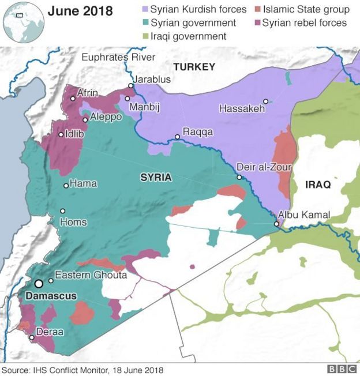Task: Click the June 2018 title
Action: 80,11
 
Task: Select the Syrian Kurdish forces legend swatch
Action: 145,10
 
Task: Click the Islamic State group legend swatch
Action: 257,10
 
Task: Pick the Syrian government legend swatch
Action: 145,23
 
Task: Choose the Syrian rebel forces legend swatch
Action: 257,23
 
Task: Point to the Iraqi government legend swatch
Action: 145,36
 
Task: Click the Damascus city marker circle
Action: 39,284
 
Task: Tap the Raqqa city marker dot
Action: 178,137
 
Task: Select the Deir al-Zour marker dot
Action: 239,177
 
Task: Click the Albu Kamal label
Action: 304,215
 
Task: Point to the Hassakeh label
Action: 242,108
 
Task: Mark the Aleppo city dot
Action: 85,120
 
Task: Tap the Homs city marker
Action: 62,210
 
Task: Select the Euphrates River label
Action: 118,57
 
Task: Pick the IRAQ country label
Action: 317,185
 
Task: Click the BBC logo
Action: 341,369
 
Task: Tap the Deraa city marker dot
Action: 31,338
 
